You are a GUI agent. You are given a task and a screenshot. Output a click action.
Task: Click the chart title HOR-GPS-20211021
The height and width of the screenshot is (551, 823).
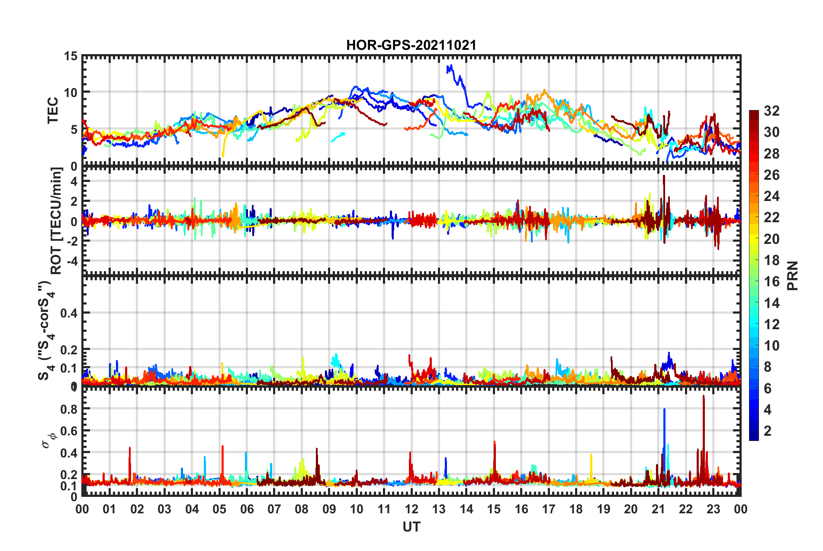point(411,45)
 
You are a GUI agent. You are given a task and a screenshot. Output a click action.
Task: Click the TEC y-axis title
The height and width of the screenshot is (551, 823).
point(53,110)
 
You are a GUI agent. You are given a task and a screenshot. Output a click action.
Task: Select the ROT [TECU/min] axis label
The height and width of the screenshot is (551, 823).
point(56,221)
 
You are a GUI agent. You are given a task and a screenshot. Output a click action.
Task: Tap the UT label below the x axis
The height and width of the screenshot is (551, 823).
point(411,527)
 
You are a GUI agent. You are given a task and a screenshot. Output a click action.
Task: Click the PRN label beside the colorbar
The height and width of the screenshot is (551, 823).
point(793,275)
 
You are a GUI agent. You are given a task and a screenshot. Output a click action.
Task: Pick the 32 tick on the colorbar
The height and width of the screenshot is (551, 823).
point(772,111)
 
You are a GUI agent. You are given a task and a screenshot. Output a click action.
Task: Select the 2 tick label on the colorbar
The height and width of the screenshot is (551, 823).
point(768,431)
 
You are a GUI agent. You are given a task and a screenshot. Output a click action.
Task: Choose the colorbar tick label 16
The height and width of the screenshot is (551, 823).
point(772,282)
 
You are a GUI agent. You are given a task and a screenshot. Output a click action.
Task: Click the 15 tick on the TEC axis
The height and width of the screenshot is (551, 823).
point(71,56)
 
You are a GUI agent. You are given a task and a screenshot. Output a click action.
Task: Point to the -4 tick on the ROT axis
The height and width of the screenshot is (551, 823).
point(72,261)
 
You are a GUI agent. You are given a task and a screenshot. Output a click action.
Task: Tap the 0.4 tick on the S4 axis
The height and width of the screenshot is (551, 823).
point(69,313)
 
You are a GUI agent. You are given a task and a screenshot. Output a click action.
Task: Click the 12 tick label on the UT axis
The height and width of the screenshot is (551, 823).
point(411,509)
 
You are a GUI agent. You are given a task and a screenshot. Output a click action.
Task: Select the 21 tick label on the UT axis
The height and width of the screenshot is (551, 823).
point(658,509)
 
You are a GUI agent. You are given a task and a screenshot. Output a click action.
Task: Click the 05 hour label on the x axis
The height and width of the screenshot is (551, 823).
point(219,509)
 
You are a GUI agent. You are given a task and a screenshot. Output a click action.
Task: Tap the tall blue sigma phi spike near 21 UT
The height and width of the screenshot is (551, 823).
point(664,410)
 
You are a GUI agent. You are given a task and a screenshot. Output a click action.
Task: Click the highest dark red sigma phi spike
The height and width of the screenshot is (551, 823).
point(704,396)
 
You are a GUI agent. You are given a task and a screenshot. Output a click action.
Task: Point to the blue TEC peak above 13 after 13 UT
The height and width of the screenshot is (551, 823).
point(451,66)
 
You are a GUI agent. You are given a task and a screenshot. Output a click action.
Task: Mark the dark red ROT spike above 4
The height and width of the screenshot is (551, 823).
point(664,177)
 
